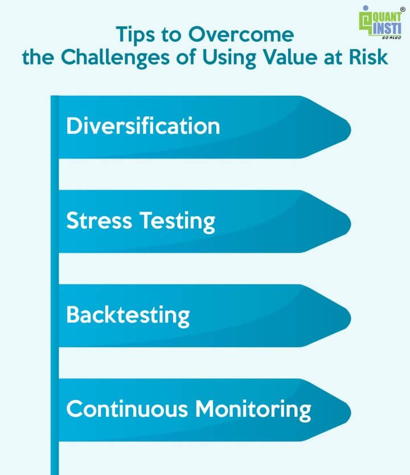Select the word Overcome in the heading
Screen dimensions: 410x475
point(241,34)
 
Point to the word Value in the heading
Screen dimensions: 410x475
point(290,56)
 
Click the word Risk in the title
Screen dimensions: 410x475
point(368,56)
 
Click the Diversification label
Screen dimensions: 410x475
point(143,125)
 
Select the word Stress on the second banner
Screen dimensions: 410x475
point(99,220)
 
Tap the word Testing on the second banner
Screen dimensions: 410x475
point(177,222)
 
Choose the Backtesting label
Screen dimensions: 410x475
point(128,316)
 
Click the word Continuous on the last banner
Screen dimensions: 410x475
point(127,409)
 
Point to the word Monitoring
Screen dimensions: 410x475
point(253,410)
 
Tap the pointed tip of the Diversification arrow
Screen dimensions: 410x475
point(350,129)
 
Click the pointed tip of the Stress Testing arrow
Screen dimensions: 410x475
point(350,224)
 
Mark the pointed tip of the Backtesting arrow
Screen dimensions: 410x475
point(350,318)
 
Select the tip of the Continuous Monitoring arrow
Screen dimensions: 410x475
point(350,413)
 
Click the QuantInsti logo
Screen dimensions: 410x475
point(380,23)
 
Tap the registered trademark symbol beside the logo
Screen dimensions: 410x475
point(403,9)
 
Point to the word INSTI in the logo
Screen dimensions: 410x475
point(387,29)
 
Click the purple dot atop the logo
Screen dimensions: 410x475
point(366,8)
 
